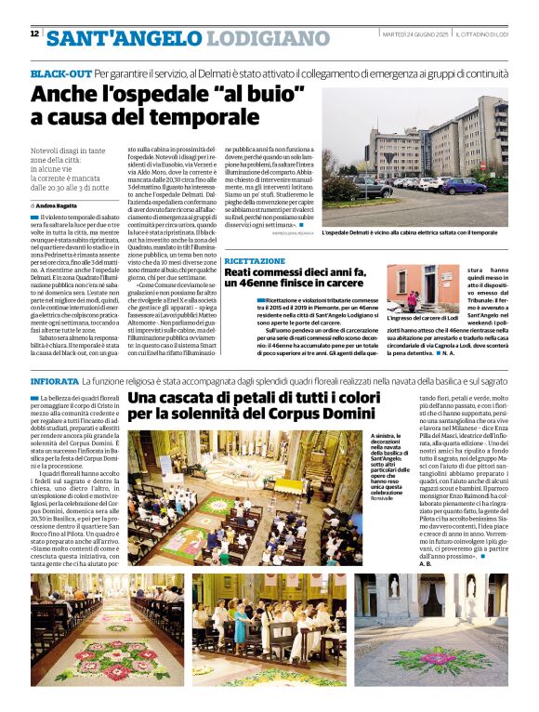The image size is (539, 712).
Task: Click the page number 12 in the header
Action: coord(34,33)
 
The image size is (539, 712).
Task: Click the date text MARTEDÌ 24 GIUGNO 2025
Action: coord(417,34)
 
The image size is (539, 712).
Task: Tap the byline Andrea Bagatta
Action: coord(58,204)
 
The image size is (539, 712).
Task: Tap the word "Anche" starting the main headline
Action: coord(64,95)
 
